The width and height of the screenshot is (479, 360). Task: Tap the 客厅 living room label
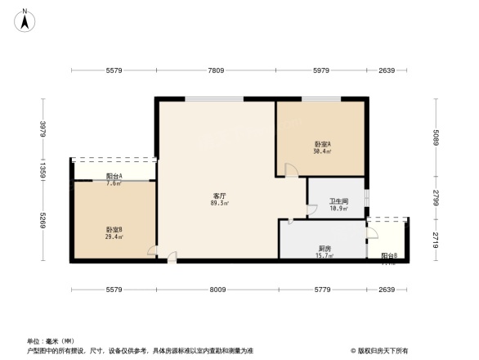point(219,196)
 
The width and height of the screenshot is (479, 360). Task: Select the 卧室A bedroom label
point(322,144)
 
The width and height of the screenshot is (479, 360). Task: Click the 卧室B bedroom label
point(114,230)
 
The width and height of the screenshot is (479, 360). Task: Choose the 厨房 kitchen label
point(325,249)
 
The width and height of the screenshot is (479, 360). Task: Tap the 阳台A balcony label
point(114,176)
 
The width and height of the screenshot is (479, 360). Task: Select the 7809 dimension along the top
point(216,71)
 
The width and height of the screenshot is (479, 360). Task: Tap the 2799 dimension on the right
point(436,197)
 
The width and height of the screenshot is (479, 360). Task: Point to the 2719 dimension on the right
point(436,240)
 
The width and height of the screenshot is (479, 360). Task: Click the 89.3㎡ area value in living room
point(219,203)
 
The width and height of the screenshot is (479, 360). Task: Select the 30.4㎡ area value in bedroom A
point(322,151)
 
